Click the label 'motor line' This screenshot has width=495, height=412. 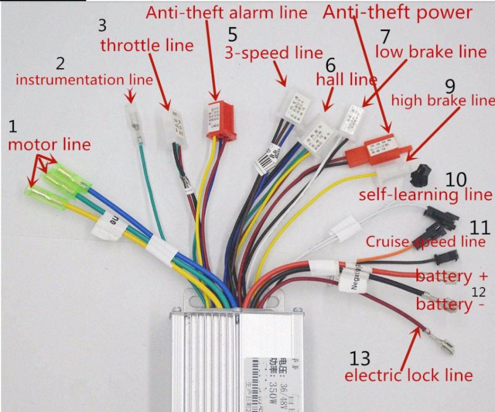[49, 145]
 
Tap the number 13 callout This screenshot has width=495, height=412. [360, 358]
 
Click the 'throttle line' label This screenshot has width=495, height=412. [147, 45]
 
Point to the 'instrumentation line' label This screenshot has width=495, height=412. [84, 80]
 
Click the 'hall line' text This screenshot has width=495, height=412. [346, 80]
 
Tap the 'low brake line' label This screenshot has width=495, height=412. [431, 51]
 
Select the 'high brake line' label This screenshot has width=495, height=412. [443, 100]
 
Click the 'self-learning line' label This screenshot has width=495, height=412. [426, 195]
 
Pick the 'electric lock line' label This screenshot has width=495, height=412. [408, 375]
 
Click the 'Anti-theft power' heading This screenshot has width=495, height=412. [398, 12]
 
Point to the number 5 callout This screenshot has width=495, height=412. [231, 33]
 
